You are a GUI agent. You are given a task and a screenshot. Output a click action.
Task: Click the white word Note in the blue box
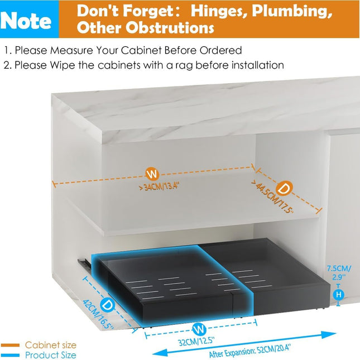[x=27, y=20]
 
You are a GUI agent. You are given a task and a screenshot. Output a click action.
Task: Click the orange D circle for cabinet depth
[x=284, y=188]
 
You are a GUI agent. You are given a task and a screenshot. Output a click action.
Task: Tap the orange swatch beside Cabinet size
[x=11, y=345]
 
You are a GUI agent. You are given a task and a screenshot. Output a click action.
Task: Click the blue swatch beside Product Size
[x=11, y=355]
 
